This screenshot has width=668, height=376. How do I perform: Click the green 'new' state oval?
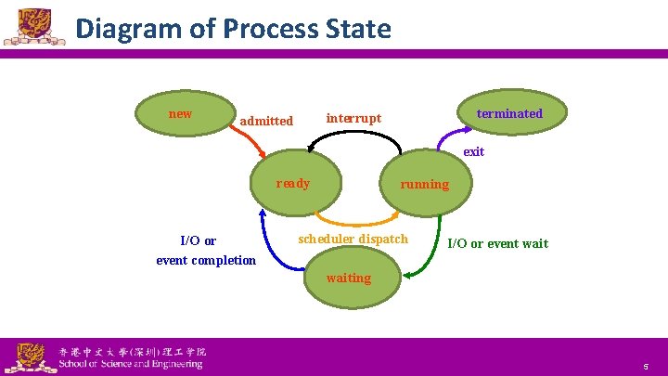point(182,112)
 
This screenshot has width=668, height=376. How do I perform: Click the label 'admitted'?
point(266,121)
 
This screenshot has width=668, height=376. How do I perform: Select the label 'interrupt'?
point(353,118)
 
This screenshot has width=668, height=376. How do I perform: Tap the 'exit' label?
point(473,151)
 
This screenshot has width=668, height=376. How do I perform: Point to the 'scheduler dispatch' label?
point(353,240)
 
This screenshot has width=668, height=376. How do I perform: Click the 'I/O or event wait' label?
point(497,244)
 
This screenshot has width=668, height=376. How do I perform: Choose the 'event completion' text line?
point(206,260)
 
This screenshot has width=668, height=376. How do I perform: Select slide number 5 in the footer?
point(646,366)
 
